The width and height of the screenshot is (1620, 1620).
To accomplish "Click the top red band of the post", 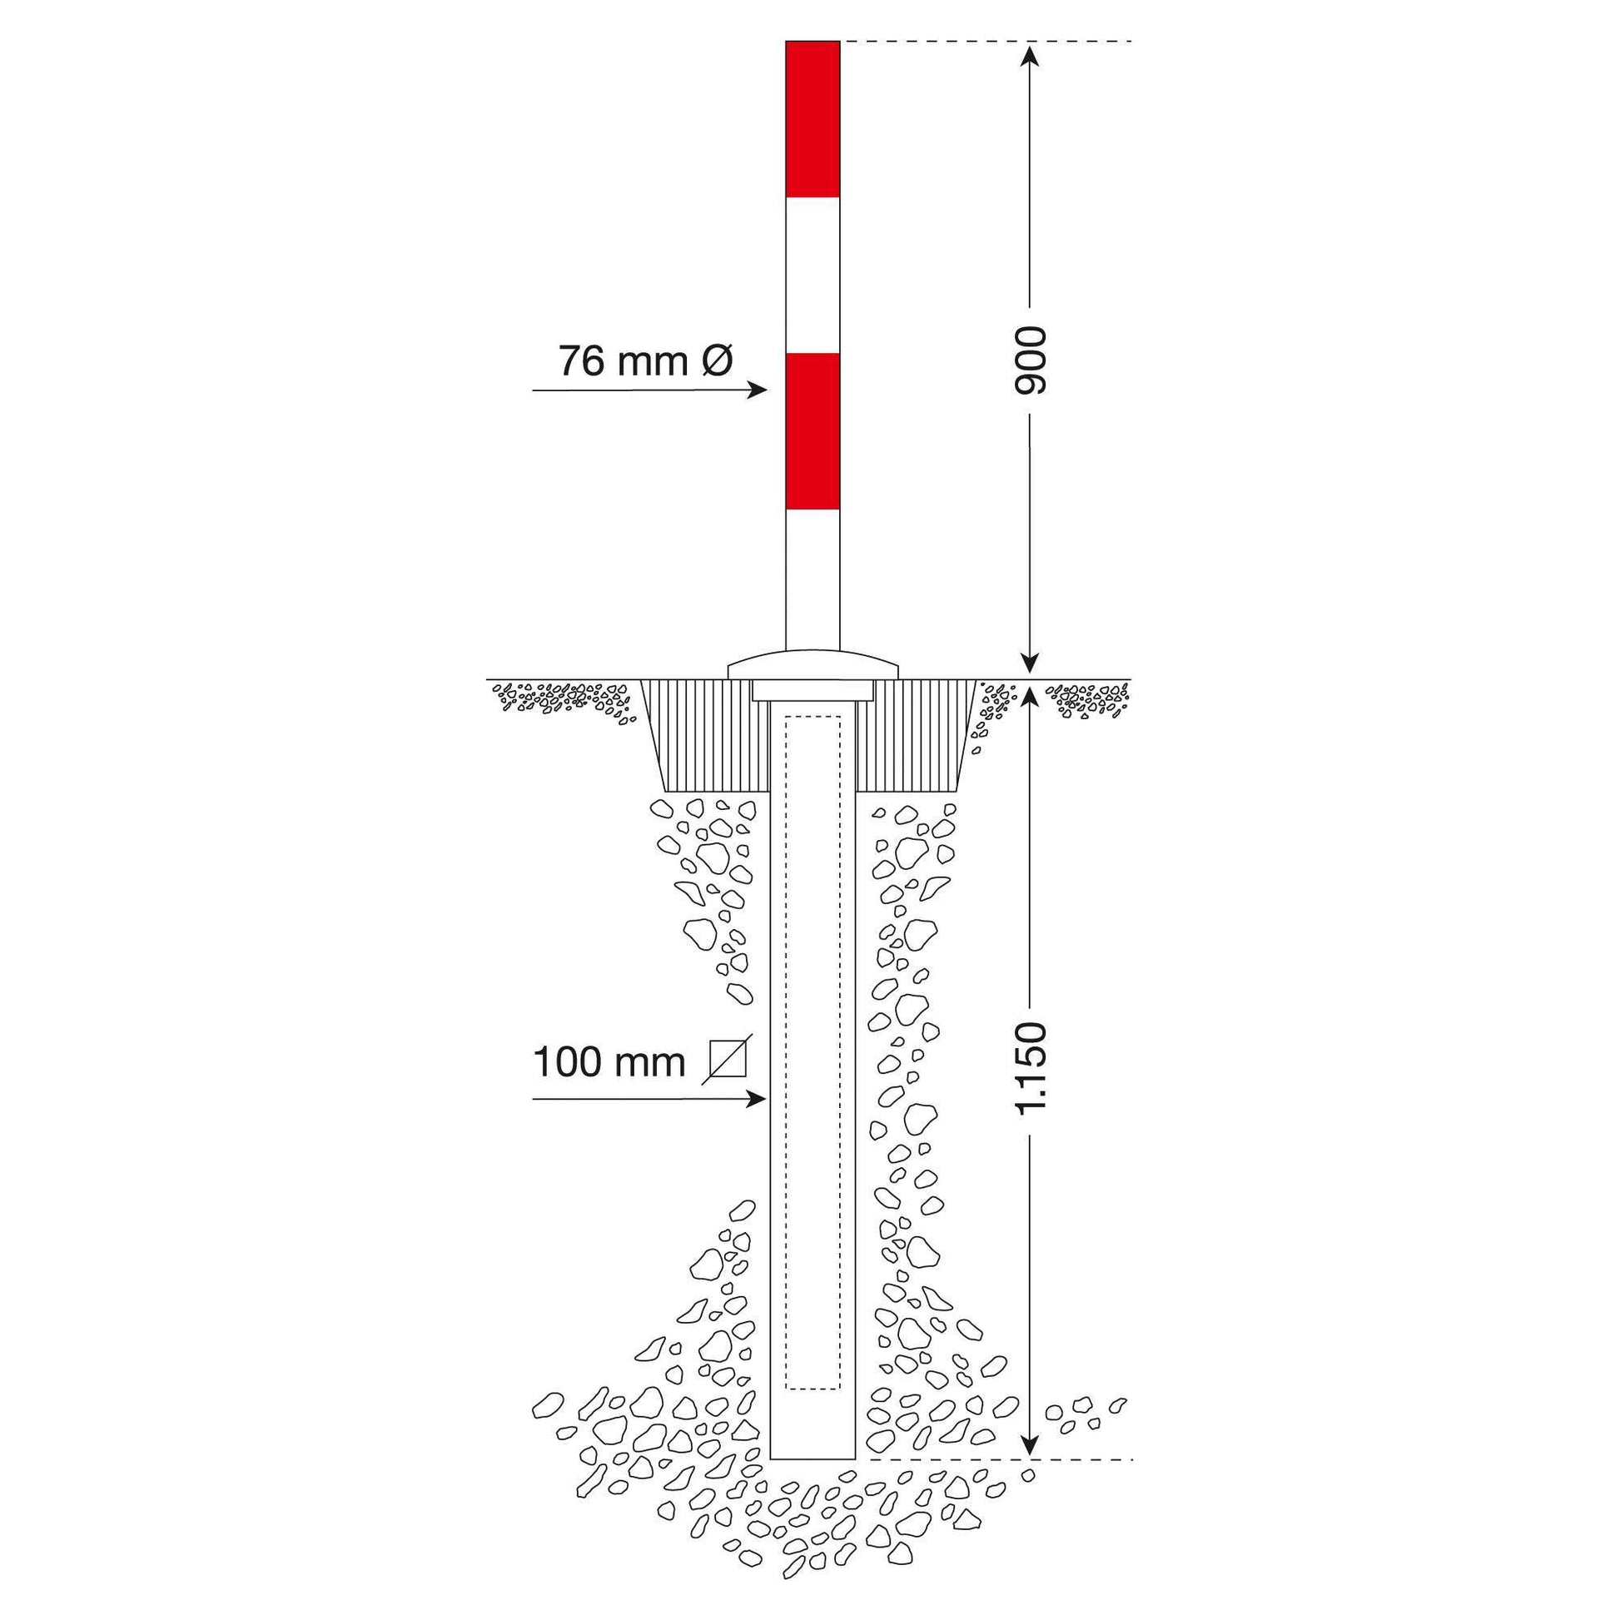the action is point(812,119).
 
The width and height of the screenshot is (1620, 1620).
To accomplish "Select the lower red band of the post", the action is point(812,431).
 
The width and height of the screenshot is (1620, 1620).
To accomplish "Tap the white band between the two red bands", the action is point(812,275).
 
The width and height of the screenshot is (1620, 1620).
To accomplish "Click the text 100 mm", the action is point(609,1062).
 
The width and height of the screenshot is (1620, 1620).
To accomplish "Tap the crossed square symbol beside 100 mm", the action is point(727,1059).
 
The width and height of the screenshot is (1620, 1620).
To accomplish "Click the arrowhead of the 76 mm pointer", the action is point(759,390).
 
